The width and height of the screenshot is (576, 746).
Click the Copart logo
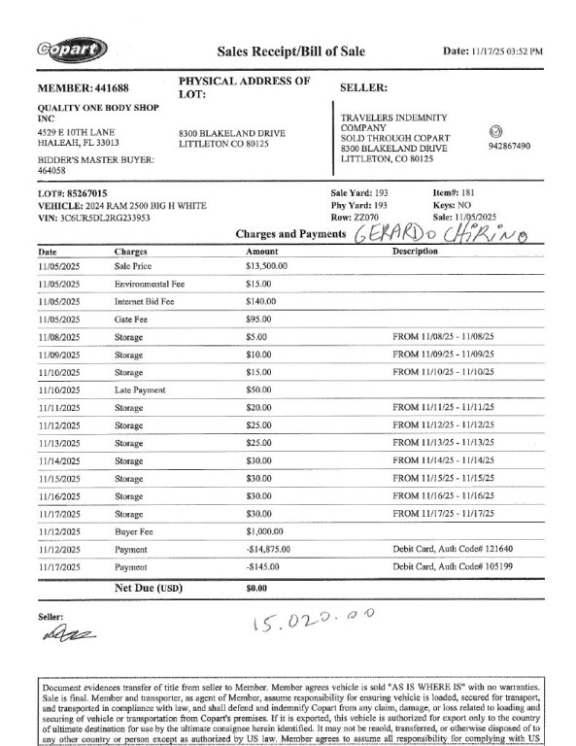point(72,50)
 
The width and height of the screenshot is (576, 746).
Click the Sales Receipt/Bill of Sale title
point(290,51)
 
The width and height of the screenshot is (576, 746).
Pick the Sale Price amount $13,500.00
point(268,265)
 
